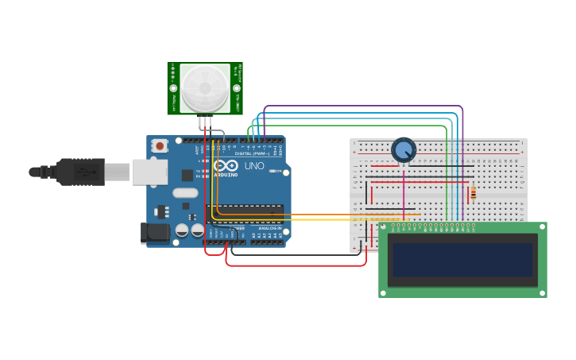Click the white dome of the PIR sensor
coord(205,87)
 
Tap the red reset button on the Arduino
coord(160,145)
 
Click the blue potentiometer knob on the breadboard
coord(404,149)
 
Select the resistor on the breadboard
coord(474,193)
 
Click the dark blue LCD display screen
coord(462,259)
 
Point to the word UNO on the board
coord(254,166)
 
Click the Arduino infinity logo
coord(226,167)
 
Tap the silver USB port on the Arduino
coord(149,172)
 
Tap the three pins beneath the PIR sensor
coord(206,122)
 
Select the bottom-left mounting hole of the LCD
coord(385,292)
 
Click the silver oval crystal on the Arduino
coord(185,192)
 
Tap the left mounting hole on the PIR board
coord(173,89)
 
